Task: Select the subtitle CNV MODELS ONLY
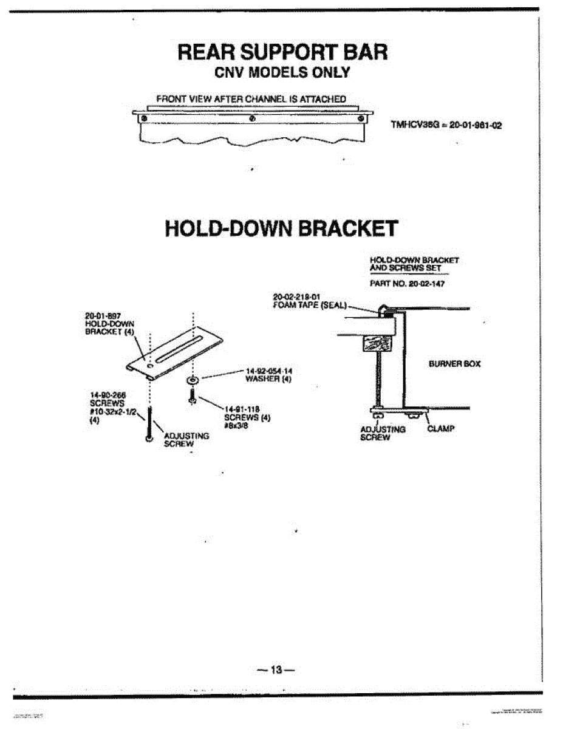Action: tap(282, 73)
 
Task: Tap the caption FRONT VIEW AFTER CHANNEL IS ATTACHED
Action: tap(251, 98)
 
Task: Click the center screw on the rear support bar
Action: tap(253, 118)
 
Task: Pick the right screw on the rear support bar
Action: tap(361, 118)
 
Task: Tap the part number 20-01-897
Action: tap(101, 316)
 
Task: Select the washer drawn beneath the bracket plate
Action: tap(192, 380)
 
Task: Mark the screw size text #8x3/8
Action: tap(234, 426)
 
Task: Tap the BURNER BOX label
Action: tap(454, 364)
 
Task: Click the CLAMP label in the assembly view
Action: tap(441, 428)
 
